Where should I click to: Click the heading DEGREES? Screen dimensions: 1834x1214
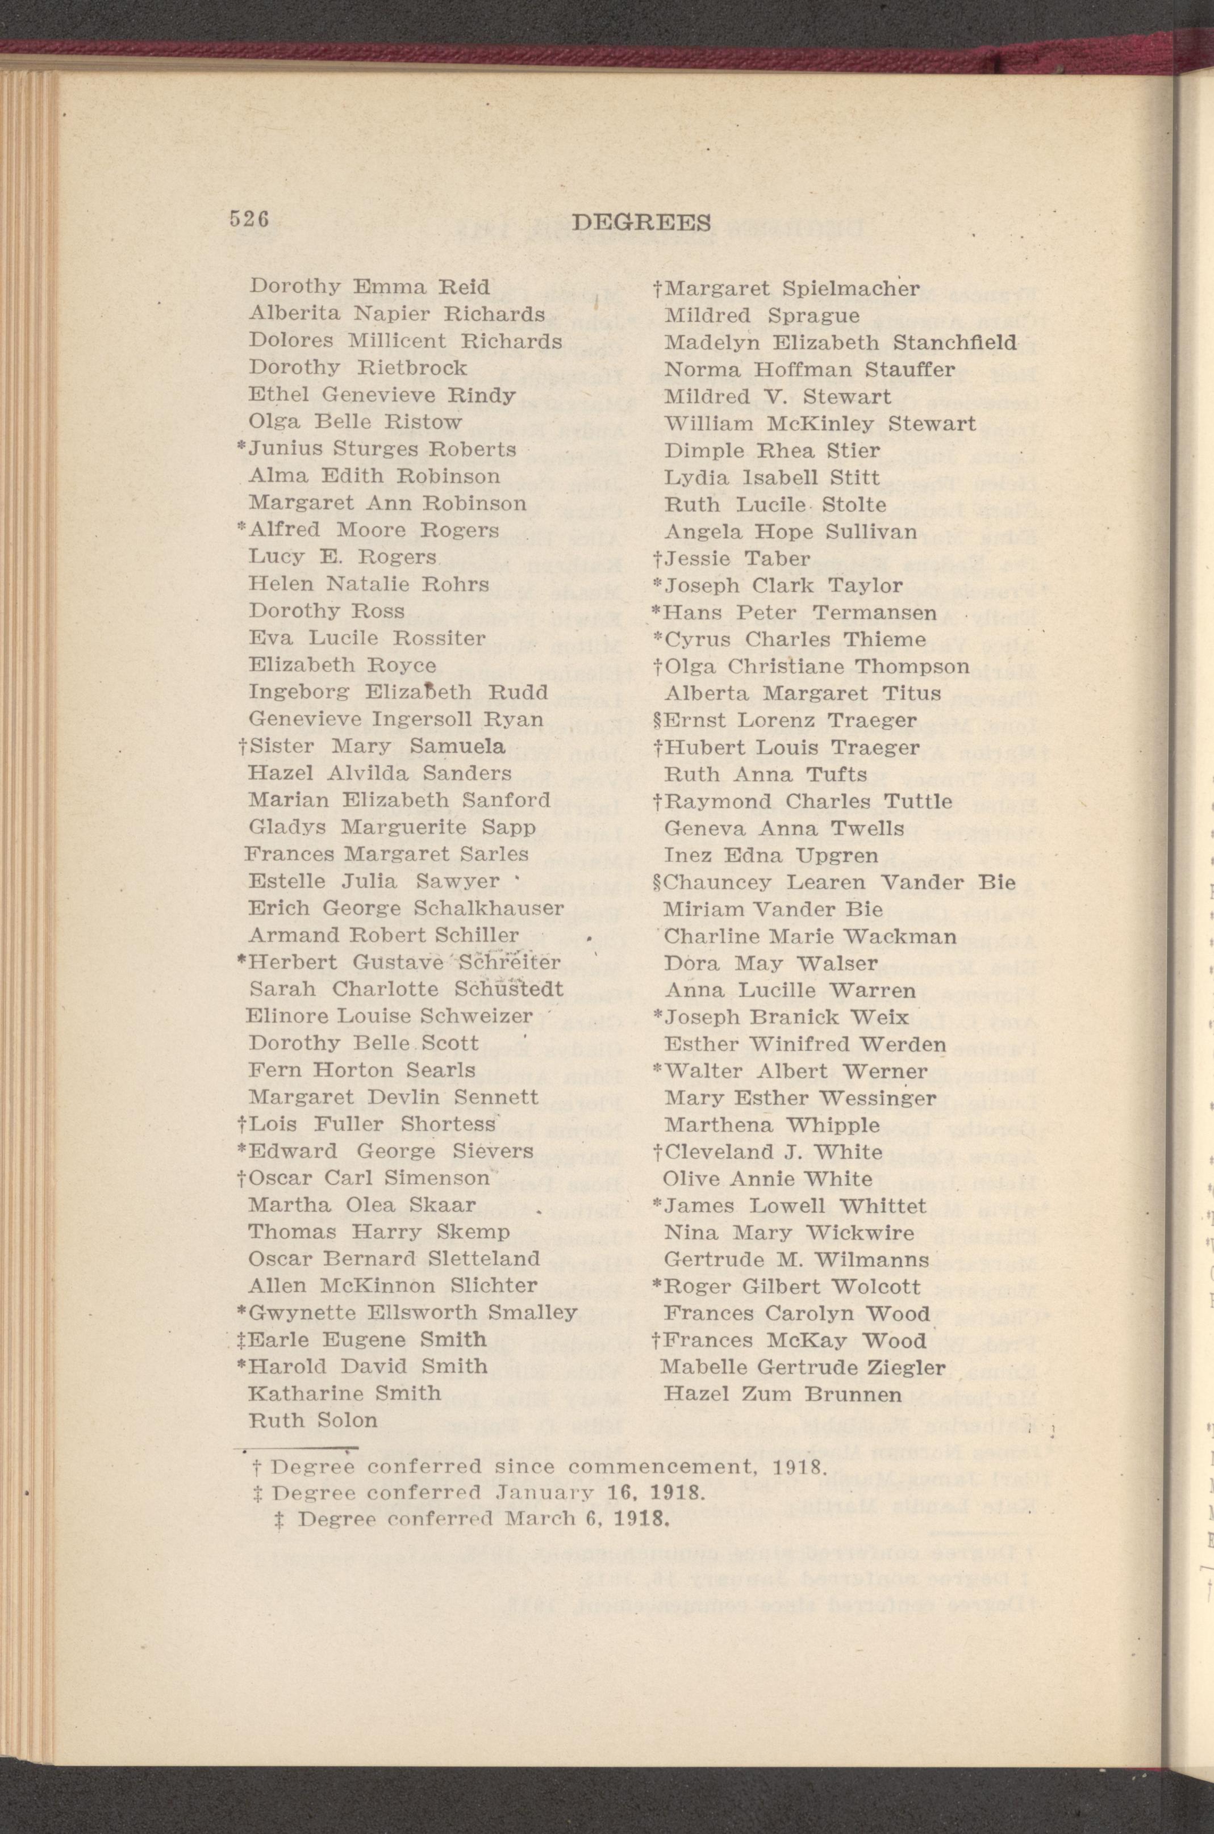click(x=641, y=223)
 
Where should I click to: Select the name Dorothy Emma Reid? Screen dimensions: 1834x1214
click(x=369, y=287)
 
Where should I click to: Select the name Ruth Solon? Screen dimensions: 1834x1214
click(x=313, y=1420)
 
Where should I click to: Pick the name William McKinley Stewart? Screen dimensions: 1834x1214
click(x=820, y=424)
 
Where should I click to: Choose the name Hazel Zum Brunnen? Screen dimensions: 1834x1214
click(x=783, y=1395)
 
